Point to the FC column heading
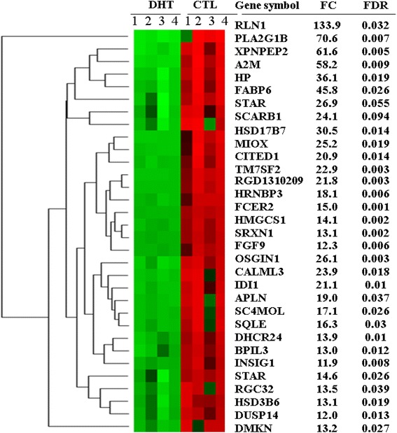326,6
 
